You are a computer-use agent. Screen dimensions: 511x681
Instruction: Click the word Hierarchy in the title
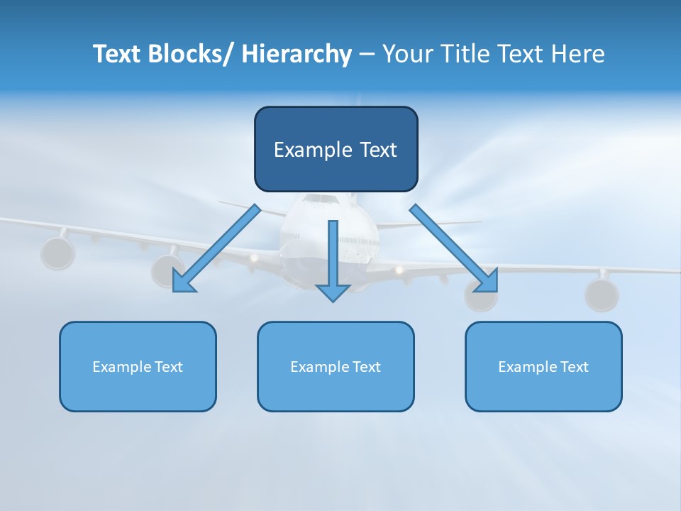[x=297, y=55]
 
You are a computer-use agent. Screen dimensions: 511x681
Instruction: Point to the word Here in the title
[x=580, y=55]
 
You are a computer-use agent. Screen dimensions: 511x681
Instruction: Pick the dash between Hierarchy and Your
[x=367, y=55]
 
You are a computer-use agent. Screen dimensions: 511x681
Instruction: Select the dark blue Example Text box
[x=336, y=149]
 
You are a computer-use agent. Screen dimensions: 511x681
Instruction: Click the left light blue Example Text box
[x=138, y=366]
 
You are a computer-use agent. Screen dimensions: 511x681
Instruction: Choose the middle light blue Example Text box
[x=336, y=366]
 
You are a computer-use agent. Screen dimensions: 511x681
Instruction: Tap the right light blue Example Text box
[x=543, y=366]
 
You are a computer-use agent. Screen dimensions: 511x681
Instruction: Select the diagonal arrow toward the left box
[x=216, y=248]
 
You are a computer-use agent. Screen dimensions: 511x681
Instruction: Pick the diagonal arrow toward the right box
[x=454, y=248]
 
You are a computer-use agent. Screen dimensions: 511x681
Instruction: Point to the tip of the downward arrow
[x=333, y=301]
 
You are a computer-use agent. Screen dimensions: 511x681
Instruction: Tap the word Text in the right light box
[x=574, y=366]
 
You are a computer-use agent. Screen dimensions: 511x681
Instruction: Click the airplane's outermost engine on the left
[x=57, y=253]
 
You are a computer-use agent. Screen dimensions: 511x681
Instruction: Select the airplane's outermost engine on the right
[x=602, y=295]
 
